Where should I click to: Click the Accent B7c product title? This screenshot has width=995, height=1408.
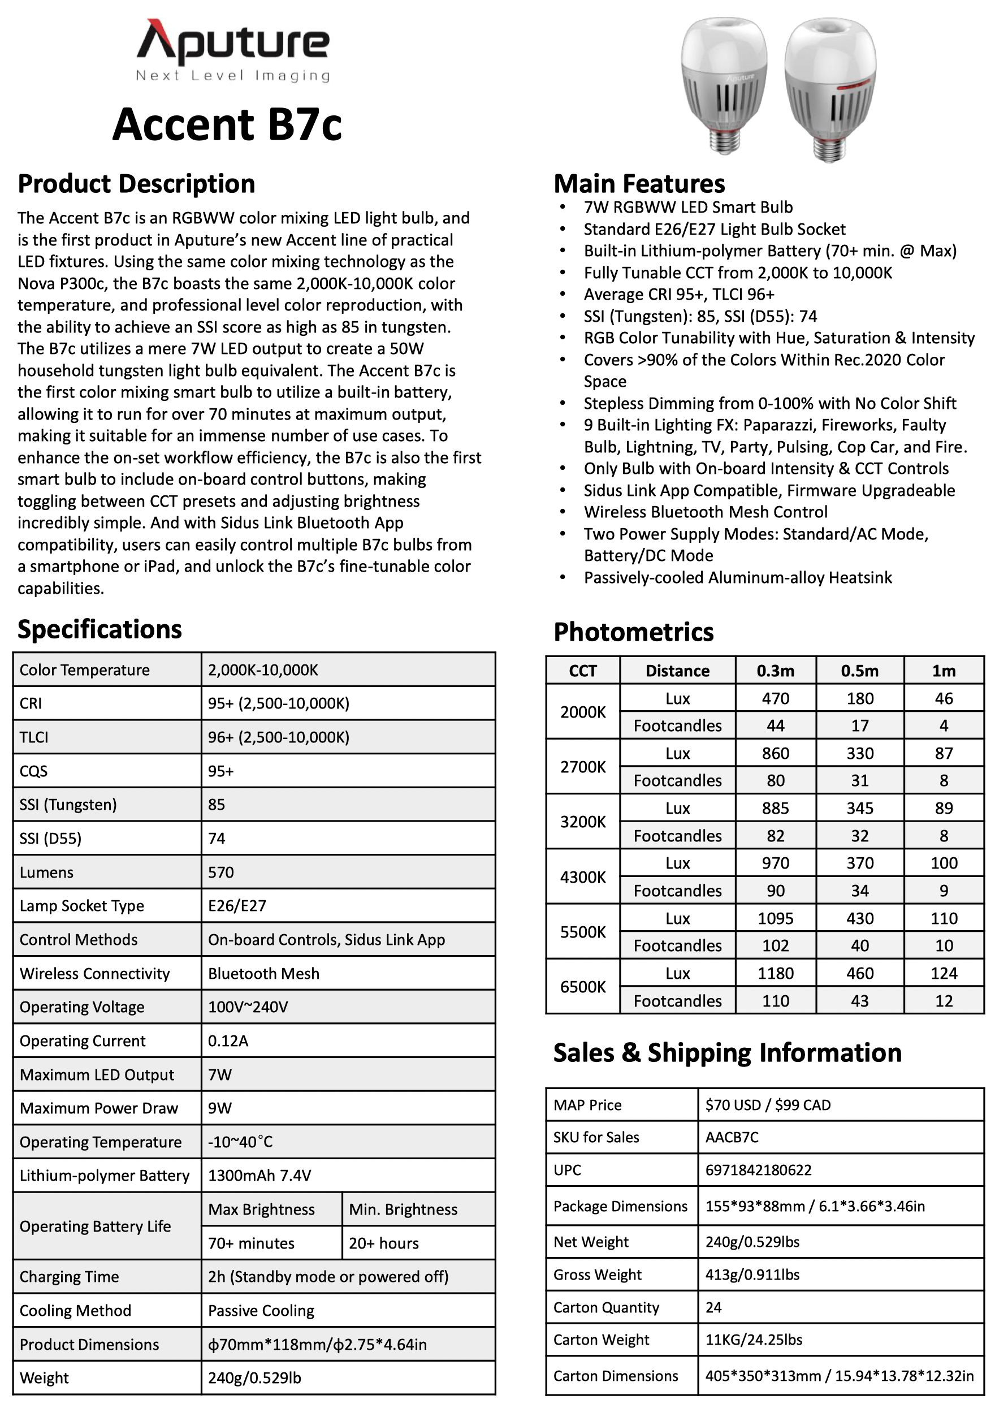click(227, 124)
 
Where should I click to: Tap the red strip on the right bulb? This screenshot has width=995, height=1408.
click(855, 85)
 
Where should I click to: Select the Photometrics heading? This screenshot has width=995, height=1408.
click(633, 632)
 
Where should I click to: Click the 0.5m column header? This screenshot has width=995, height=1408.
click(859, 671)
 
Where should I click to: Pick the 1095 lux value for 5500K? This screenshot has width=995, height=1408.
click(775, 919)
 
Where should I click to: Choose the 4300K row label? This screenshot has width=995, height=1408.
click(582, 877)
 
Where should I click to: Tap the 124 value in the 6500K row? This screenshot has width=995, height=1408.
click(944, 973)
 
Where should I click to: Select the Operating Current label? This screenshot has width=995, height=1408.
click(83, 1040)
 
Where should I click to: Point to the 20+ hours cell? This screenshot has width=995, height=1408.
click(384, 1243)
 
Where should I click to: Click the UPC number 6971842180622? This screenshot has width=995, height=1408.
click(758, 1170)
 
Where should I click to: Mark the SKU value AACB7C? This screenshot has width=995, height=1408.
click(732, 1138)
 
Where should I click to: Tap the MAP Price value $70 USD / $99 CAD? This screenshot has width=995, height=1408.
click(768, 1105)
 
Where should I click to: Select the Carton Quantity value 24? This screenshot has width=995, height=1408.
click(713, 1307)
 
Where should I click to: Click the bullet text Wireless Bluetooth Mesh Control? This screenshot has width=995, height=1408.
click(705, 512)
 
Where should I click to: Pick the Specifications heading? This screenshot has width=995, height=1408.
click(99, 630)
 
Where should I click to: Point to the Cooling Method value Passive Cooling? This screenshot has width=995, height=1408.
click(261, 1311)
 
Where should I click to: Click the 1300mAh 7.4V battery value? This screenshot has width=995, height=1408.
click(259, 1176)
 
